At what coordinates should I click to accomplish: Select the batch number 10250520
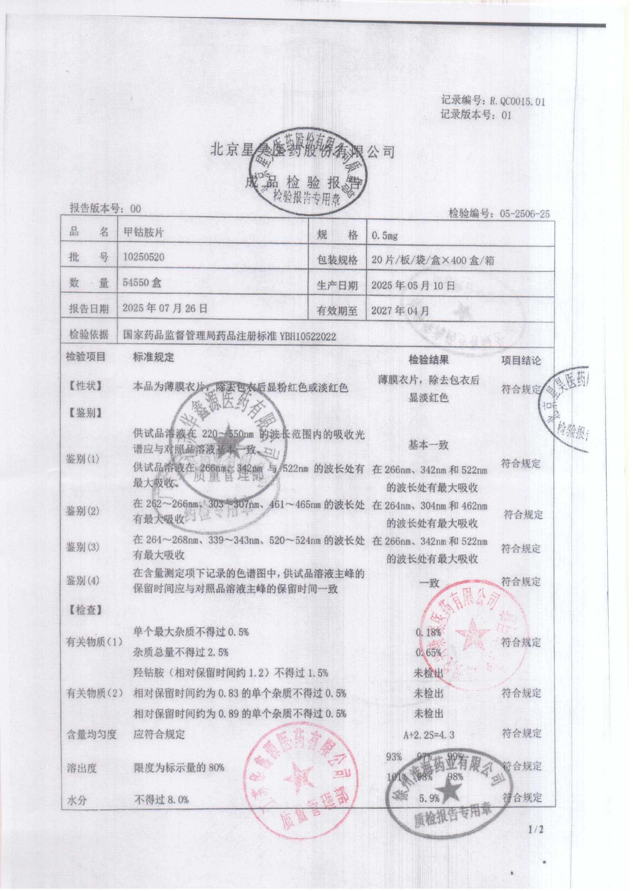(x=143, y=257)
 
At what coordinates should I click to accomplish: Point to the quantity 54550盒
(x=142, y=283)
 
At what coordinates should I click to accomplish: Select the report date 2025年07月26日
(x=165, y=308)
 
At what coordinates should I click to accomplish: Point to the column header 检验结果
(x=428, y=360)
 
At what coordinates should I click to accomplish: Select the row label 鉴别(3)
(x=82, y=547)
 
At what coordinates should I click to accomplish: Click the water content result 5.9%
(x=429, y=798)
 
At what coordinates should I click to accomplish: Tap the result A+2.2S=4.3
(x=429, y=735)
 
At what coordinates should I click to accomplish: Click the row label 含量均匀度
(x=92, y=734)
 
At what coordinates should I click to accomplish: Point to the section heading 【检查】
(x=85, y=610)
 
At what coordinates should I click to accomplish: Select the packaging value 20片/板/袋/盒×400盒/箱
(x=433, y=260)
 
